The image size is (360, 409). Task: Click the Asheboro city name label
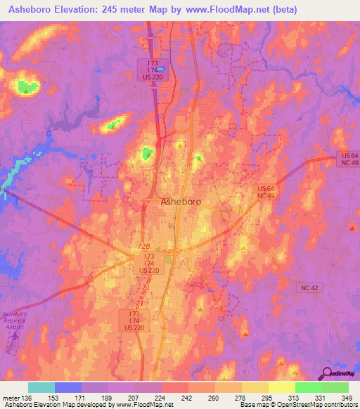pos(181,202)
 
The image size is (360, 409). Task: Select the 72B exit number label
pos(144,247)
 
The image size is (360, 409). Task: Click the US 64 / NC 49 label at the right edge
pos(346,159)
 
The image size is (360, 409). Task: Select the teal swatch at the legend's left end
pos(41,387)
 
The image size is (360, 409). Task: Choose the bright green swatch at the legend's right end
pos(335,387)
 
